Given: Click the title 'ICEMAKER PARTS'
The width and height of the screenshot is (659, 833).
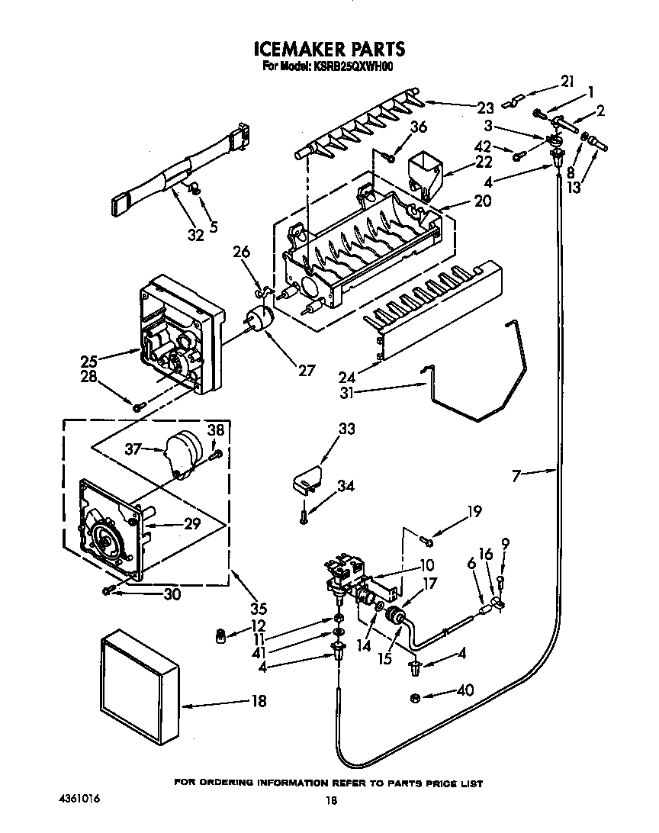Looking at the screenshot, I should tap(329, 50).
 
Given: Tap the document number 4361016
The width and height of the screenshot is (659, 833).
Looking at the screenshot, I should tap(79, 798).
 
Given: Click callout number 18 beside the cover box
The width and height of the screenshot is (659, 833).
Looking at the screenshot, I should tap(259, 701).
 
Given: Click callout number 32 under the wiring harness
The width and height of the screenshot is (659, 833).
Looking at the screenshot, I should tap(196, 235).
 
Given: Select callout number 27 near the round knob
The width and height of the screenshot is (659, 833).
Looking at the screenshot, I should tap(306, 371).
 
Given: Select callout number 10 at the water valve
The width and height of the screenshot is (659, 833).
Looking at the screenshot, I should tap(426, 565).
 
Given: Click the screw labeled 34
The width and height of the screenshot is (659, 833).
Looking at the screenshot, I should tap(304, 516).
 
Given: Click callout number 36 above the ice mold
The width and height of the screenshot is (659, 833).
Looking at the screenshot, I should tap(418, 127).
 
